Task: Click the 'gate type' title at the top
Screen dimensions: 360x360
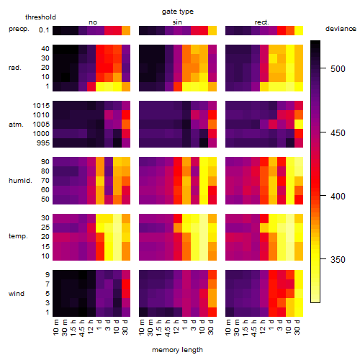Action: pos(178,12)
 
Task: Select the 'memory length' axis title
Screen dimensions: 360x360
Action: pos(177,350)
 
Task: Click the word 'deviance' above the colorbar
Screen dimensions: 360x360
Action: pos(341,29)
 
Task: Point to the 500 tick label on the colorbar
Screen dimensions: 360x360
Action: pos(338,69)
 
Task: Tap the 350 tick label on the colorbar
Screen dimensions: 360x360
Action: pos(338,260)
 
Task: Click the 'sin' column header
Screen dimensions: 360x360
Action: pos(177,22)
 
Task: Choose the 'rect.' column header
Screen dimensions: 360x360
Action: pos(262,22)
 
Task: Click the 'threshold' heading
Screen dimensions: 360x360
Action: pos(40,17)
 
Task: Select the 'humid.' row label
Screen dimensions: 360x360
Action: pos(20,181)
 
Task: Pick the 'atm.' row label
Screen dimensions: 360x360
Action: pos(16,125)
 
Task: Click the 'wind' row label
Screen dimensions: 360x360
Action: pos(17,294)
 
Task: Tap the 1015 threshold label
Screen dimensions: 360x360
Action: pos(41,106)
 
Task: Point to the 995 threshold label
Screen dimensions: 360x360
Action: pos(43,143)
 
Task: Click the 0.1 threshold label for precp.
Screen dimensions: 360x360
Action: pos(44,30)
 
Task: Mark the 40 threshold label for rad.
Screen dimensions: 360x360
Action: pos(45,49)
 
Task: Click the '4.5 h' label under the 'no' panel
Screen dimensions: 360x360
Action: pos(83,328)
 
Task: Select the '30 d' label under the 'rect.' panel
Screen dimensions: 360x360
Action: pos(298,327)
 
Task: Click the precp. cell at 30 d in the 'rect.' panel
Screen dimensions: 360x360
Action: pos(299,30)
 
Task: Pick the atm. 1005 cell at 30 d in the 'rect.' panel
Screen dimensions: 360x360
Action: pos(299,125)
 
